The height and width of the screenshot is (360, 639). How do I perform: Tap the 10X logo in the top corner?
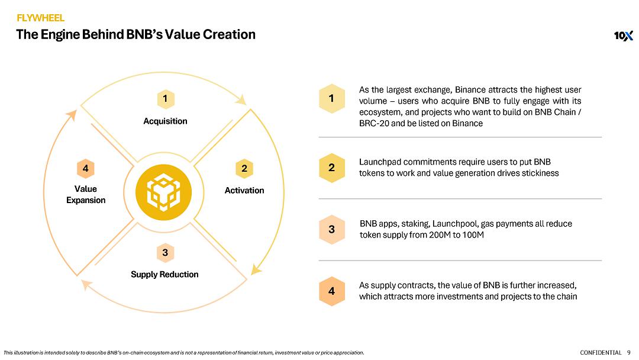tap(623, 36)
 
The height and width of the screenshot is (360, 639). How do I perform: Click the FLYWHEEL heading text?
tap(40, 18)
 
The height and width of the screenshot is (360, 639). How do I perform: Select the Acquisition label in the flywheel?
tap(165, 121)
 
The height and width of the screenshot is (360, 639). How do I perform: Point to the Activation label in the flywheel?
tap(244, 190)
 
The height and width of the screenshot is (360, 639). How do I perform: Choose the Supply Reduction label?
tap(164, 274)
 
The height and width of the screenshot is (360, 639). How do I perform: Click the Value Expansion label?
tap(86, 194)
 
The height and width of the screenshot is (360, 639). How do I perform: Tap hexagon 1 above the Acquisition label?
tap(165, 98)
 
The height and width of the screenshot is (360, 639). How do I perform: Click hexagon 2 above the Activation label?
tap(244, 169)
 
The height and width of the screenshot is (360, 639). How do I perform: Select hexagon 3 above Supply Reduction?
tap(165, 253)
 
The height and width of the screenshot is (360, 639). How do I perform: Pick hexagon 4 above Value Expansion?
tap(86, 169)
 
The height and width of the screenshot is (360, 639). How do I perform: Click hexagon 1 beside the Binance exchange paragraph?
tap(331, 99)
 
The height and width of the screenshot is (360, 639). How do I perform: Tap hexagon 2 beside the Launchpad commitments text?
tap(331, 168)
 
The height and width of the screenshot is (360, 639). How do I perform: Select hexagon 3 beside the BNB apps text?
tap(331, 230)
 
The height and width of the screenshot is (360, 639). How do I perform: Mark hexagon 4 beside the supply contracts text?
tap(331, 291)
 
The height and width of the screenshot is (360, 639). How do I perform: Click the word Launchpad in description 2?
tap(379, 162)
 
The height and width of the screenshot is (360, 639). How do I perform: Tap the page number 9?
tap(628, 353)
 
